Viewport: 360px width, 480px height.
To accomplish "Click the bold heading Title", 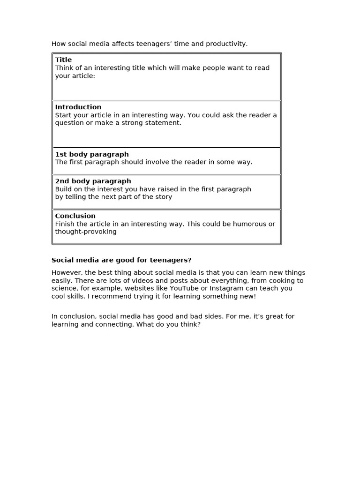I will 63,60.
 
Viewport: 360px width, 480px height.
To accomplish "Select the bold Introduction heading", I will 78,107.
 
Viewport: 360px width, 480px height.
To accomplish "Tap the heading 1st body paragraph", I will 92,154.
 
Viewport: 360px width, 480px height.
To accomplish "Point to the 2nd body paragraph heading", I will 93,181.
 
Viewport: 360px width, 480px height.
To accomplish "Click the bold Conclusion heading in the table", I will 75,216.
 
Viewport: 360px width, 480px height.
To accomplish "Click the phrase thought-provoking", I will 86,232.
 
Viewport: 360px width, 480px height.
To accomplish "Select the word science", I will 64,288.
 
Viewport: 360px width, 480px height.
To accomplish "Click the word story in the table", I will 163,197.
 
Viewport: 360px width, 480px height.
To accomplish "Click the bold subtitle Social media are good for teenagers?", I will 121,260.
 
